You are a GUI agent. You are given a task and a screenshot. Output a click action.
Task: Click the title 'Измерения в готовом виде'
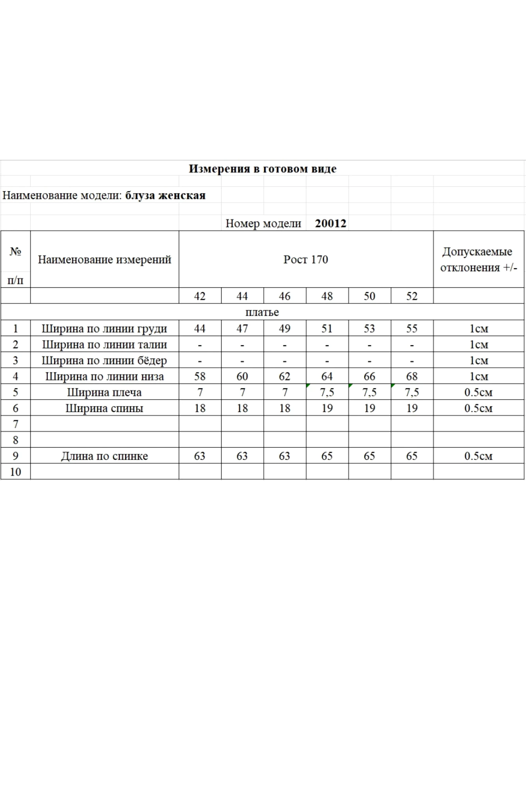point(262,169)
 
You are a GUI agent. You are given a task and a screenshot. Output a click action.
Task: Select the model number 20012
point(331,224)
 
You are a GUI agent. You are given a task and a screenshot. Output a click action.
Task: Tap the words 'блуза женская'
point(165,196)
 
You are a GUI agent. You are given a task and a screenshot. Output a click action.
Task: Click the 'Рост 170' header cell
point(306,260)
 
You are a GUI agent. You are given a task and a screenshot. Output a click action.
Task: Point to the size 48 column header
point(327,296)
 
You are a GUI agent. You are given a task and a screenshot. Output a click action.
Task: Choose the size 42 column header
point(200,296)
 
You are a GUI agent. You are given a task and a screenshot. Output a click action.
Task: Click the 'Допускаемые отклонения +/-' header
point(478,260)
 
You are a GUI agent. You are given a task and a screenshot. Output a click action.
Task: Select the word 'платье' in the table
point(262,312)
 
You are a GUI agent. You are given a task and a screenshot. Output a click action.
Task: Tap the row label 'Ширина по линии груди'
point(104,329)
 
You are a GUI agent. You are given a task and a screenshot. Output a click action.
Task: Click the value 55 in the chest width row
point(412,329)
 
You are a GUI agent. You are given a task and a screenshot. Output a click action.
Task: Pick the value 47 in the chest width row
point(242,329)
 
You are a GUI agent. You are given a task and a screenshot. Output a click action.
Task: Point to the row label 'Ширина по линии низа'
point(104,376)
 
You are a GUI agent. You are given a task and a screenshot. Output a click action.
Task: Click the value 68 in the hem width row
point(412,376)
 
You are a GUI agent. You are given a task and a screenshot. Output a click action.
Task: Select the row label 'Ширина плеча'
point(104,392)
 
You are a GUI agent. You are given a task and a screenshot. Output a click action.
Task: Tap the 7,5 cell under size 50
point(369,392)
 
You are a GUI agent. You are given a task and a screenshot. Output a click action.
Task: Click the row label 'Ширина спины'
point(104,408)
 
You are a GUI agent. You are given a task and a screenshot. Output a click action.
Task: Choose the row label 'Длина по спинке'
point(104,456)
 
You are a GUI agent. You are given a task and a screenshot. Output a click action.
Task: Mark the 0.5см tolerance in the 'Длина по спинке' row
point(478,456)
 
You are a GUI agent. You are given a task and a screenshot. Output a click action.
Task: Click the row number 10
point(15,472)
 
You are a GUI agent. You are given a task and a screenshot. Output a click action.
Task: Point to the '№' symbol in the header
point(15,252)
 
